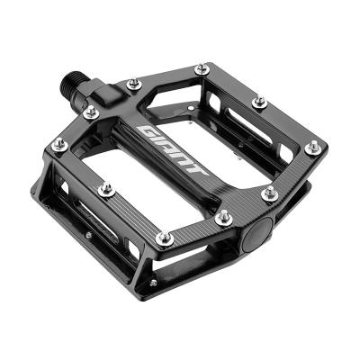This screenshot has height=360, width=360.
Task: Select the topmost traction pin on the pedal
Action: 200,67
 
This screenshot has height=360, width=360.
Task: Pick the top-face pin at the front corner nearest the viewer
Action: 164,238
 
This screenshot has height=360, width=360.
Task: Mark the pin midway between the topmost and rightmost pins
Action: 259,103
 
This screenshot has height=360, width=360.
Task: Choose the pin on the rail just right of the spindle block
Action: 133,85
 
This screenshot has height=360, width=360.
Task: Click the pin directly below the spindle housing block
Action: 90,112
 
